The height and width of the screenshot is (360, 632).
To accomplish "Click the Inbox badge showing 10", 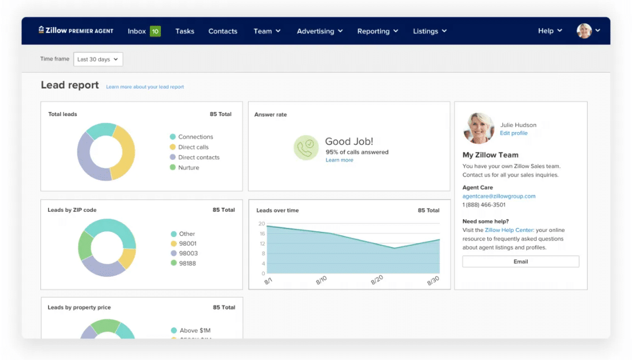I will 155,31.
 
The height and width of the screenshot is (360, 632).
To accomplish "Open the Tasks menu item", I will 185,31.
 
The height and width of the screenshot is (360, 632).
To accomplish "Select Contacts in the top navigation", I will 223,31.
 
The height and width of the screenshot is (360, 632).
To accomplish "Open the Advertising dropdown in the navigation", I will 319,31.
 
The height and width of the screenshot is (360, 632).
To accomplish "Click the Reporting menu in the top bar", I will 377,31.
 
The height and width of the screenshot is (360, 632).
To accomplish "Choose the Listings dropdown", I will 430,31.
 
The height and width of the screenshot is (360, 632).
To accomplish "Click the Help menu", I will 550,31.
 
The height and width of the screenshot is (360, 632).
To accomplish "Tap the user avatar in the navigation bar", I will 584,31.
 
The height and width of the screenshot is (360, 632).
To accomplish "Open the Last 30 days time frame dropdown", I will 98,59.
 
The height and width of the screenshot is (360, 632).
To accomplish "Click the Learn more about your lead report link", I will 145,87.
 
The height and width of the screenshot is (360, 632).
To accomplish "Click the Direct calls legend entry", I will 193,147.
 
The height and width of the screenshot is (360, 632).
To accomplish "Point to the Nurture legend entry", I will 188,168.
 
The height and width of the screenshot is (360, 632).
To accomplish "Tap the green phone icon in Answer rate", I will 306,148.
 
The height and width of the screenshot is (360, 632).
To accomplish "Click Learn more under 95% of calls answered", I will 339,160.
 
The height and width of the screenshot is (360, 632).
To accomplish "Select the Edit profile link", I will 513,133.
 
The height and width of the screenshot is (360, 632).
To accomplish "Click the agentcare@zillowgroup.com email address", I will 499,196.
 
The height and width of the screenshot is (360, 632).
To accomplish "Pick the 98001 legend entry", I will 187,244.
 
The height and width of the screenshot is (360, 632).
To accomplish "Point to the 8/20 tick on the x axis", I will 377,280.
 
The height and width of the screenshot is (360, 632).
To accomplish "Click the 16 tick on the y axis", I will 261,234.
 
